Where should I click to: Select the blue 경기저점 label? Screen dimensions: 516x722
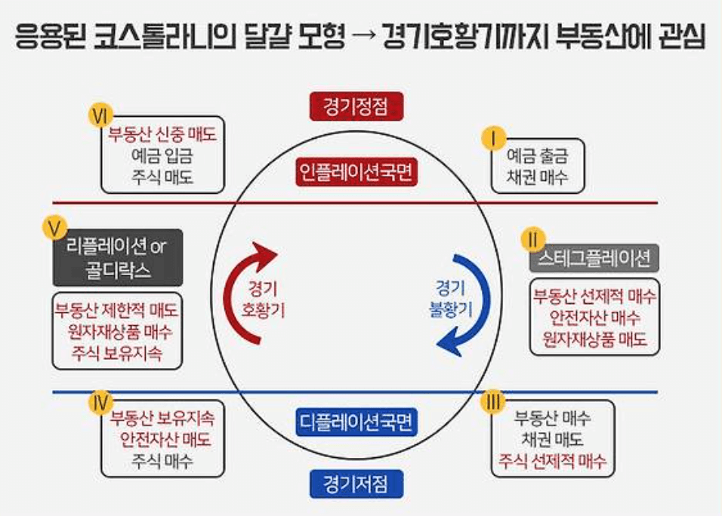tap(356, 483)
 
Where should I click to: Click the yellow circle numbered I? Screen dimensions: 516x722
tap(494, 138)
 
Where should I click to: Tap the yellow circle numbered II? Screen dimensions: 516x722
tap(532, 241)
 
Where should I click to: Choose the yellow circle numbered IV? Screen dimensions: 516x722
tap(100, 402)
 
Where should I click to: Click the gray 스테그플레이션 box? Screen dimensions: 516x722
tap(594, 259)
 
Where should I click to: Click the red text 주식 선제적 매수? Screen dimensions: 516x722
tap(551, 462)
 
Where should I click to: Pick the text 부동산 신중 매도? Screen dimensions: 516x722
tap(162, 137)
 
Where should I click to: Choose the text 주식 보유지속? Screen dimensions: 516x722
tap(117, 352)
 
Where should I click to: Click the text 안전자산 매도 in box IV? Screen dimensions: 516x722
tap(164, 439)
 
